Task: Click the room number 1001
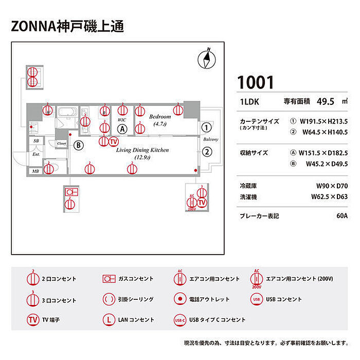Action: (x=256, y=82)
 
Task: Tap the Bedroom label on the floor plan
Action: (x=160, y=117)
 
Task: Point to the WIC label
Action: (x=122, y=120)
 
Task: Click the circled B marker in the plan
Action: (x=79, y=145)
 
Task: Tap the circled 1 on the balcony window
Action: (x=206, y=127)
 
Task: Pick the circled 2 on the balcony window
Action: (x=206, y=152)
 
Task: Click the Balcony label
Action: (x=211, y=139)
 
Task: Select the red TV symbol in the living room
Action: (x=114, y=141)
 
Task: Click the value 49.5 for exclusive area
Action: (x=326, y=101)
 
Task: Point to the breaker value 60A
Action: (x=341, y=216)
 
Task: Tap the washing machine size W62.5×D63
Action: (x=329, y=196)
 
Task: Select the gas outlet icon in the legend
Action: (x=108, y=279)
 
